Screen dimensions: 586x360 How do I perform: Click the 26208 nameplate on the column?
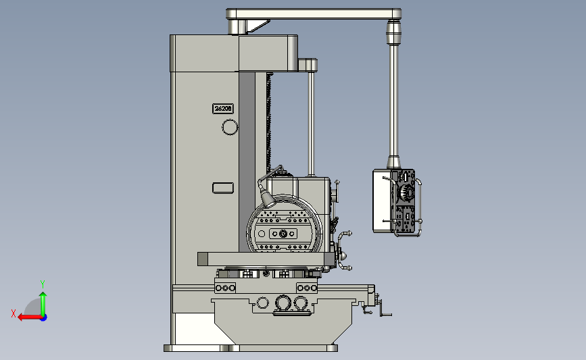[x=223, y=108]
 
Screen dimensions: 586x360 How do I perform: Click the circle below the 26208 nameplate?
[x=230, y=127]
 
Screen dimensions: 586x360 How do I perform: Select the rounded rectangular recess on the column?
[x=223, y=188]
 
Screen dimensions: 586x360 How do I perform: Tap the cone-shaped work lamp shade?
[x=268, y=199]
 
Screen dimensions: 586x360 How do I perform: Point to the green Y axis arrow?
[x=43, y=304]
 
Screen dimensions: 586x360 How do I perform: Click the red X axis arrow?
[x=30, y=317]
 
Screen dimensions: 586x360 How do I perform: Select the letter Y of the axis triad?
[x=43, y=284]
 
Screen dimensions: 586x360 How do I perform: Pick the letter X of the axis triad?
[x=14, y=313]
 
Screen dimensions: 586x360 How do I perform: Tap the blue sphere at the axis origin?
[x=43, y=317]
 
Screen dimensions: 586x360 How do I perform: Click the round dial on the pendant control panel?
[x=407, y=192]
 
